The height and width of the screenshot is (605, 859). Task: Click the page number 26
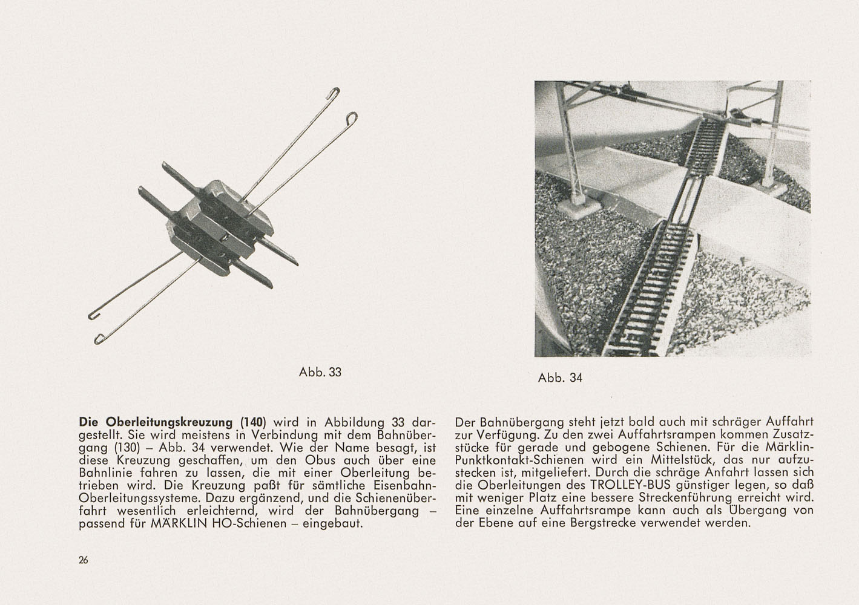(84, 560)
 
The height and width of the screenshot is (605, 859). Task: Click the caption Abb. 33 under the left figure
(320, 372)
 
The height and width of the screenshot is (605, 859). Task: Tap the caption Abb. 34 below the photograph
(560, 378)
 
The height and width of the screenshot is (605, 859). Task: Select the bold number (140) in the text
(254, 422)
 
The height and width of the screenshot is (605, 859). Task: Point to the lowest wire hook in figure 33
(99, 338)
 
